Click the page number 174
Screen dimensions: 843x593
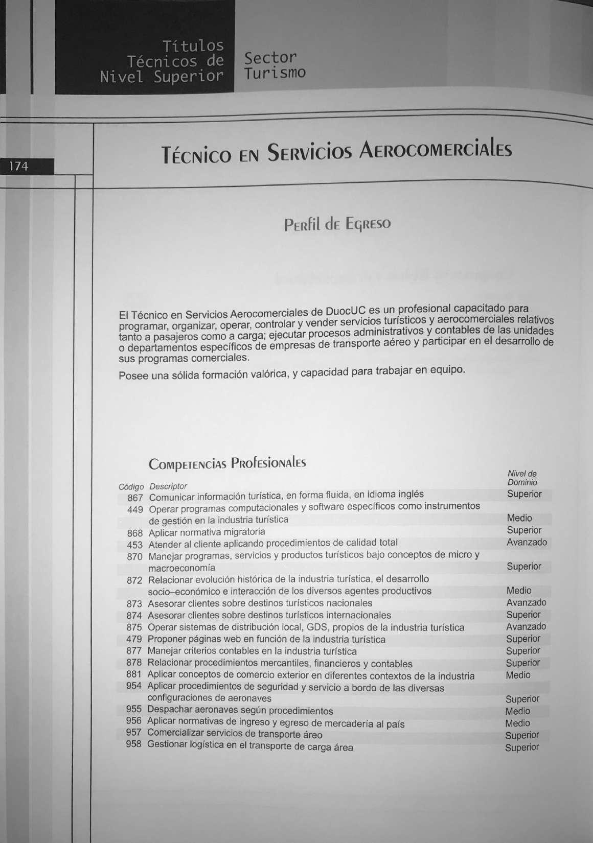pos(18,166)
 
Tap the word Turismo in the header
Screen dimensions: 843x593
pos(275,74)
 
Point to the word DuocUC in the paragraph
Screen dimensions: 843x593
pos(346,311)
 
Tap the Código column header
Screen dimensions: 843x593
pos(131,487)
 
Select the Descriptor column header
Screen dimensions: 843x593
pos(168,486)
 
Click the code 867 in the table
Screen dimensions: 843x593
pos(135,497)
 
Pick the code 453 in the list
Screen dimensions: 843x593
pos(134,545)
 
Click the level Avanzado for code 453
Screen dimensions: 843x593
pos(527,542)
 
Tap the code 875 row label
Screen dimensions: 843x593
pos(134,627)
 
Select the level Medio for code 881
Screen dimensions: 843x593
pos(518,675)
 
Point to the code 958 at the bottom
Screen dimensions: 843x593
pos(133,744)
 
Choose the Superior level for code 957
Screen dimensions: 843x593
pos(522,735)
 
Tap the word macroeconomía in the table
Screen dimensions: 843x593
pos(181,568)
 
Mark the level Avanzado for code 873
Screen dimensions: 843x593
pos(526,603)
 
